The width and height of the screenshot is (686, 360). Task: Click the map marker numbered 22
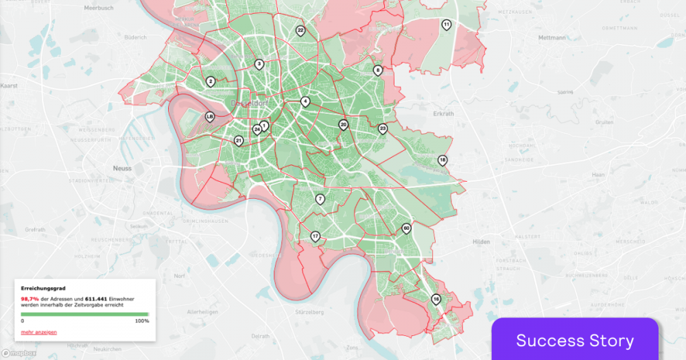300,31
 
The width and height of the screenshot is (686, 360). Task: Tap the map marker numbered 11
447,25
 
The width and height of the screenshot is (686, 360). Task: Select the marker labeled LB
210,117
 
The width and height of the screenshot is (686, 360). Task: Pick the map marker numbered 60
406,228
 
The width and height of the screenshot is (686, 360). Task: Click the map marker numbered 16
436,300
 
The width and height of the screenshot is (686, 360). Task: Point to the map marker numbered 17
316,237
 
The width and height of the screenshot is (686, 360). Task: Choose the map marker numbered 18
442,160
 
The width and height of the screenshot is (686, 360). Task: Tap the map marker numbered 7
320,199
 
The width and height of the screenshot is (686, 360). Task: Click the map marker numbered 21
239,141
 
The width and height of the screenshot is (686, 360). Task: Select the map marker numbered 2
211,82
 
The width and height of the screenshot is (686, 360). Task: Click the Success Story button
575,340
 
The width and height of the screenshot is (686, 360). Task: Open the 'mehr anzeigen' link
39,332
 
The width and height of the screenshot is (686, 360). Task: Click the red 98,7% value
29,299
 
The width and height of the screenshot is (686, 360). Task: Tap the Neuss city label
122,167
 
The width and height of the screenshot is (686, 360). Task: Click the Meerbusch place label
98,8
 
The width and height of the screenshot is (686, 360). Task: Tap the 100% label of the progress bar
141,320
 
